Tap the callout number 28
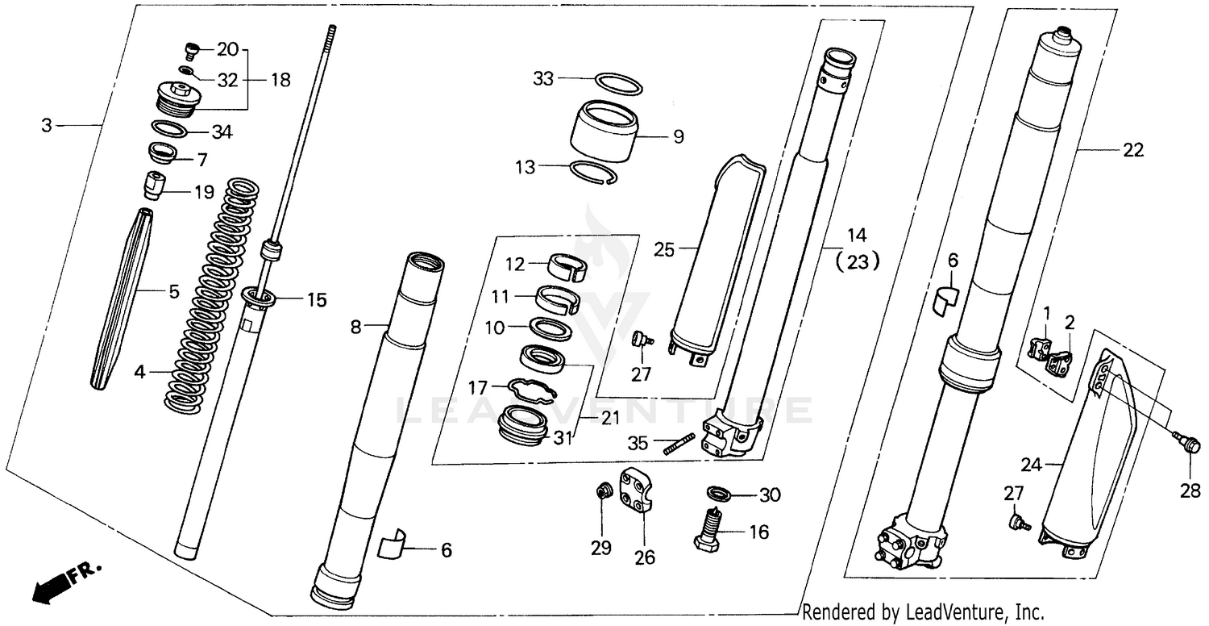1190,490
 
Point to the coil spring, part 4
211,298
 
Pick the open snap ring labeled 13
594,173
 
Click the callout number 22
1132,149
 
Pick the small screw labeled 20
191,52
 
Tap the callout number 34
222,132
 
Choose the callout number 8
356,327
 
